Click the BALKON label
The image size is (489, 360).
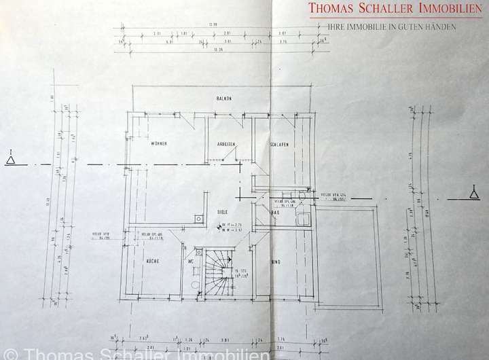point(224,98)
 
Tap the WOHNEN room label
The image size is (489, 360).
point(160,144)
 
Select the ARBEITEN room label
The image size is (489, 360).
point(225,144)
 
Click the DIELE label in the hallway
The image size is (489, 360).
point(221,211)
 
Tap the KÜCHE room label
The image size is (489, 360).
point(152,261)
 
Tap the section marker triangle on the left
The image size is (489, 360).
point(10,160)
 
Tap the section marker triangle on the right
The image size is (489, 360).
point(474,193)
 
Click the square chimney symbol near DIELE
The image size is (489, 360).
point(198,219)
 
